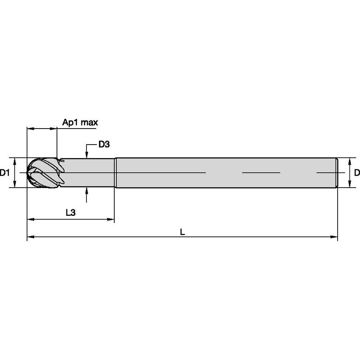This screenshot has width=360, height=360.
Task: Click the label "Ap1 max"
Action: (x=80, y=123)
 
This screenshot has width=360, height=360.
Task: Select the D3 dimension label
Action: (x=104, y=145)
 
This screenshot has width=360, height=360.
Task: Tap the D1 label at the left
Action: (x=5, y=172)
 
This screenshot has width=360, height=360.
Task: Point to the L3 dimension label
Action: (x=71, y=213)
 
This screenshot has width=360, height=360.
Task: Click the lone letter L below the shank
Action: (x=182, y=232)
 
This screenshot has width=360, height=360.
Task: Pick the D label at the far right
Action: (x=357, y=172)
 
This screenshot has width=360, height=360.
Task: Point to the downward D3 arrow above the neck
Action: (x=87, y=155)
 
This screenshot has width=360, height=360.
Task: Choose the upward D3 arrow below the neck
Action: (x=87, y=190)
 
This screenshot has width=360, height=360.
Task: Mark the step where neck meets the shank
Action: (x=115, y=172)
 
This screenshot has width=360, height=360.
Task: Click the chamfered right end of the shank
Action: (x=336, y=172)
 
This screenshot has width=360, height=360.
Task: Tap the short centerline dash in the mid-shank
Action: (x=261, y=172)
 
